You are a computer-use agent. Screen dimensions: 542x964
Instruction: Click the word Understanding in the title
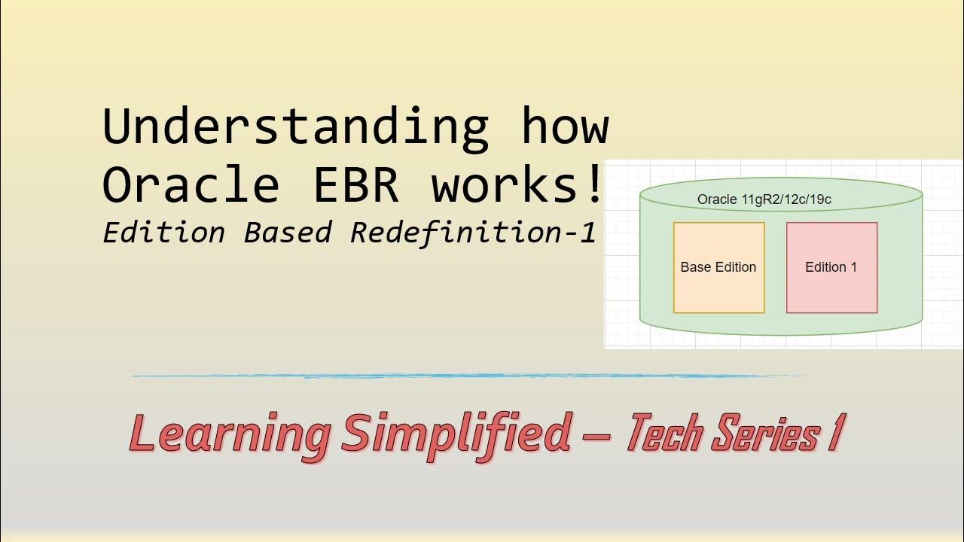(x=295, y=127)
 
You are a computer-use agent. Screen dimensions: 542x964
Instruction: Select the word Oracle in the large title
(x=191, y=184)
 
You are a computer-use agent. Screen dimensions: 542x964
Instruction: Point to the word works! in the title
(x=517, y=184)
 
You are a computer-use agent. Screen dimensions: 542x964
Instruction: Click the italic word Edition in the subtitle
(x=164, y=233)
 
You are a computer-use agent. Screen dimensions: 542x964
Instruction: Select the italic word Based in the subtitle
(x=288, y=233)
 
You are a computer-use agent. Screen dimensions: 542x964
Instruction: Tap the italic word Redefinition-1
(x=473, y=233)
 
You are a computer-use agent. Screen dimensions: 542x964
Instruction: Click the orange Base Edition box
(x=718, y=290)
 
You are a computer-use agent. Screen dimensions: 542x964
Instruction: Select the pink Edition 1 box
(x=831, y=290)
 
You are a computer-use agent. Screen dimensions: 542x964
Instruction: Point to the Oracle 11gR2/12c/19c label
(x=764, y=199)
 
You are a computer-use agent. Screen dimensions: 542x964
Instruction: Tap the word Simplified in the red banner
(x=455, y=433)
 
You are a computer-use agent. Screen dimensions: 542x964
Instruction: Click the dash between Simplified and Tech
(x=597, y=435)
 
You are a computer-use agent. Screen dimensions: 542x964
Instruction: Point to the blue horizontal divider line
(x=467, y=376)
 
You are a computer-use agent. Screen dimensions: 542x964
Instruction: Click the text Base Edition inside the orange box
(x=718, y=267)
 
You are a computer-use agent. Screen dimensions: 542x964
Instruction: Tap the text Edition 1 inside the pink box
(x=831, y=267)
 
